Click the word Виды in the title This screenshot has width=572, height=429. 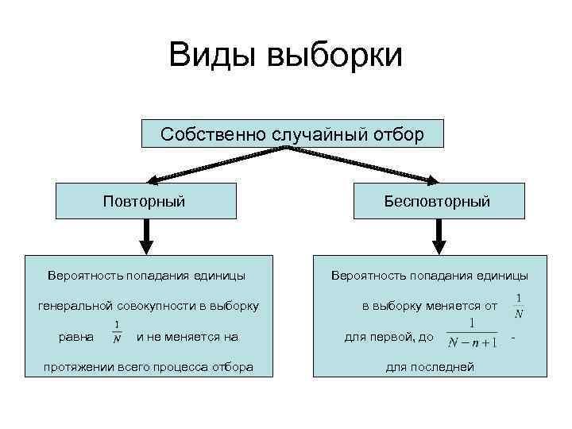coord(211,55)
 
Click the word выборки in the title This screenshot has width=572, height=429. coord(336,55)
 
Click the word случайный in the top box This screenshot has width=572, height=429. coord(311,133)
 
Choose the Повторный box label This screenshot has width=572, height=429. coord(145,200)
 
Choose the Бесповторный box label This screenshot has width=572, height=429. coord(437,201)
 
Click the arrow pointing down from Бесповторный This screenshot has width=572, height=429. coord(438,234)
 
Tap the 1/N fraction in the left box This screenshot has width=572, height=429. coord(117,332)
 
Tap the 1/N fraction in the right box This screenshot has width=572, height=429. coord(519,306)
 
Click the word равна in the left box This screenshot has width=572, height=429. coord(76,337)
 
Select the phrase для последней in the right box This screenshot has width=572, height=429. coord(430,367)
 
